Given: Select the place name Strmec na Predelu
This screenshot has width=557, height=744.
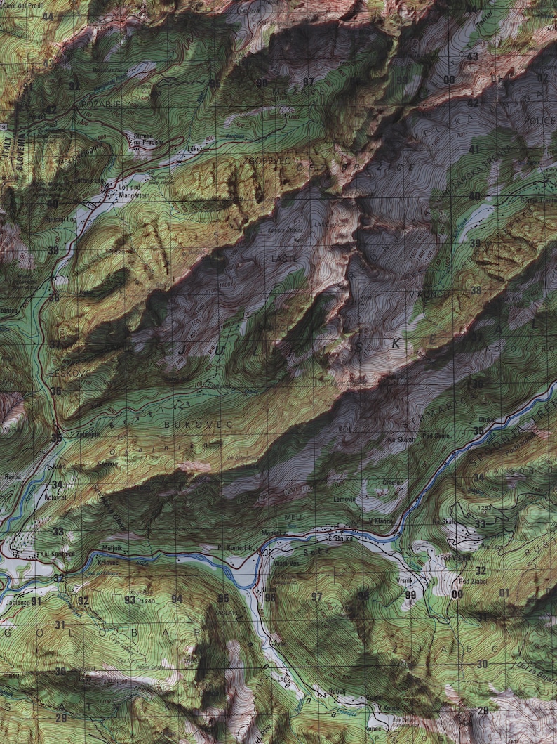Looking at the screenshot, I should click(x=147, y=139).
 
